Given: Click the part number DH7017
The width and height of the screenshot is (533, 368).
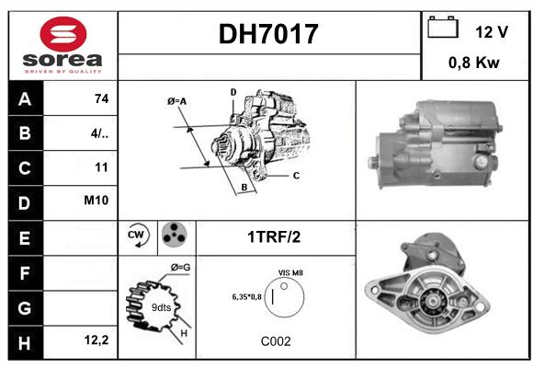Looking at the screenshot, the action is tap(268, 34).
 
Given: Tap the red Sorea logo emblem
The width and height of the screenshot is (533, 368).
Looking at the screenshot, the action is tap(63, 34).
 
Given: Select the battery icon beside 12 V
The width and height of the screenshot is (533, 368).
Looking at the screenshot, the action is tap(443, 27).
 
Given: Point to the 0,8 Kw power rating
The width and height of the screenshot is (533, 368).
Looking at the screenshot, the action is tap(474, 63).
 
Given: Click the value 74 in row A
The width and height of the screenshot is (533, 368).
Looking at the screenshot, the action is tap(102, 98).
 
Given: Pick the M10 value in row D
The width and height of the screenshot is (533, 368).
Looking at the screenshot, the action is tap(96, 201).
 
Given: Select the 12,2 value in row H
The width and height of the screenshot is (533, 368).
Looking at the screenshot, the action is tap(96, 339).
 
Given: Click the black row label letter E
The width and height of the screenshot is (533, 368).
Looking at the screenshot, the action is tap(25, 238).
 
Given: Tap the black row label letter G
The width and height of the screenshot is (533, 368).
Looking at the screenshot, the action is tap(25, 308).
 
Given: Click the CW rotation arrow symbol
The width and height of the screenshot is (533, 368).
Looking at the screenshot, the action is tap(137, 235).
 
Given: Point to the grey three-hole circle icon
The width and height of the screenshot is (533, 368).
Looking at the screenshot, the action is tap(174, 235).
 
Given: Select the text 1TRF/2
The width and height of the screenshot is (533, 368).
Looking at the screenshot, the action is tap(274, 237).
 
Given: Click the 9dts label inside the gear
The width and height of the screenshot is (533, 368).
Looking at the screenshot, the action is tap(161, 307).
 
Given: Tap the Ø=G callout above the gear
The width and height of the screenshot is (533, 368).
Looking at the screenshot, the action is tap(180, 267).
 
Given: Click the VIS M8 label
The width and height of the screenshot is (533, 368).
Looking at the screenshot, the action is tap(290, 272).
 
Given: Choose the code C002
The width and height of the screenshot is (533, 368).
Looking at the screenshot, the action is tap(276, 341).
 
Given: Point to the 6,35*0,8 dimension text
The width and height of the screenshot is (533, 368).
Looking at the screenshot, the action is tap(247, 297).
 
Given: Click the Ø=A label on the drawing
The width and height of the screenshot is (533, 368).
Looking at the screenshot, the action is tap(176, 101).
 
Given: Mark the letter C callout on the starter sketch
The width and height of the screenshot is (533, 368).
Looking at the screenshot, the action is tap(296, 176).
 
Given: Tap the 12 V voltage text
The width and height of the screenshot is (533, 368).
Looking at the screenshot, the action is tap(492, 32).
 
